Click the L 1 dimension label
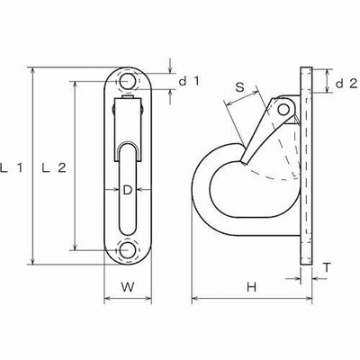coord(12,168)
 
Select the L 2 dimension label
coord(54,168)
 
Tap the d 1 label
coord(189,81)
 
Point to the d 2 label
coord(346,84)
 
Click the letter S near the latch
coord(239,87)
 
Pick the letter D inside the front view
coord(128,190)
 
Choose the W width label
coord(128,287)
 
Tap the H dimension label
coord(251,287)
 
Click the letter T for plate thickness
coord(328,267)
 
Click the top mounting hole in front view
coord(128,81)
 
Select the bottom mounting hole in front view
coord(128,249)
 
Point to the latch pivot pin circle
coord(283,110)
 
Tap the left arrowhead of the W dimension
coord(107,298)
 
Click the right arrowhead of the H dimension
coord(309,298)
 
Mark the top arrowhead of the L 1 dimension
coord(33,71)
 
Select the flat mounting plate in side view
coord(306,166)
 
